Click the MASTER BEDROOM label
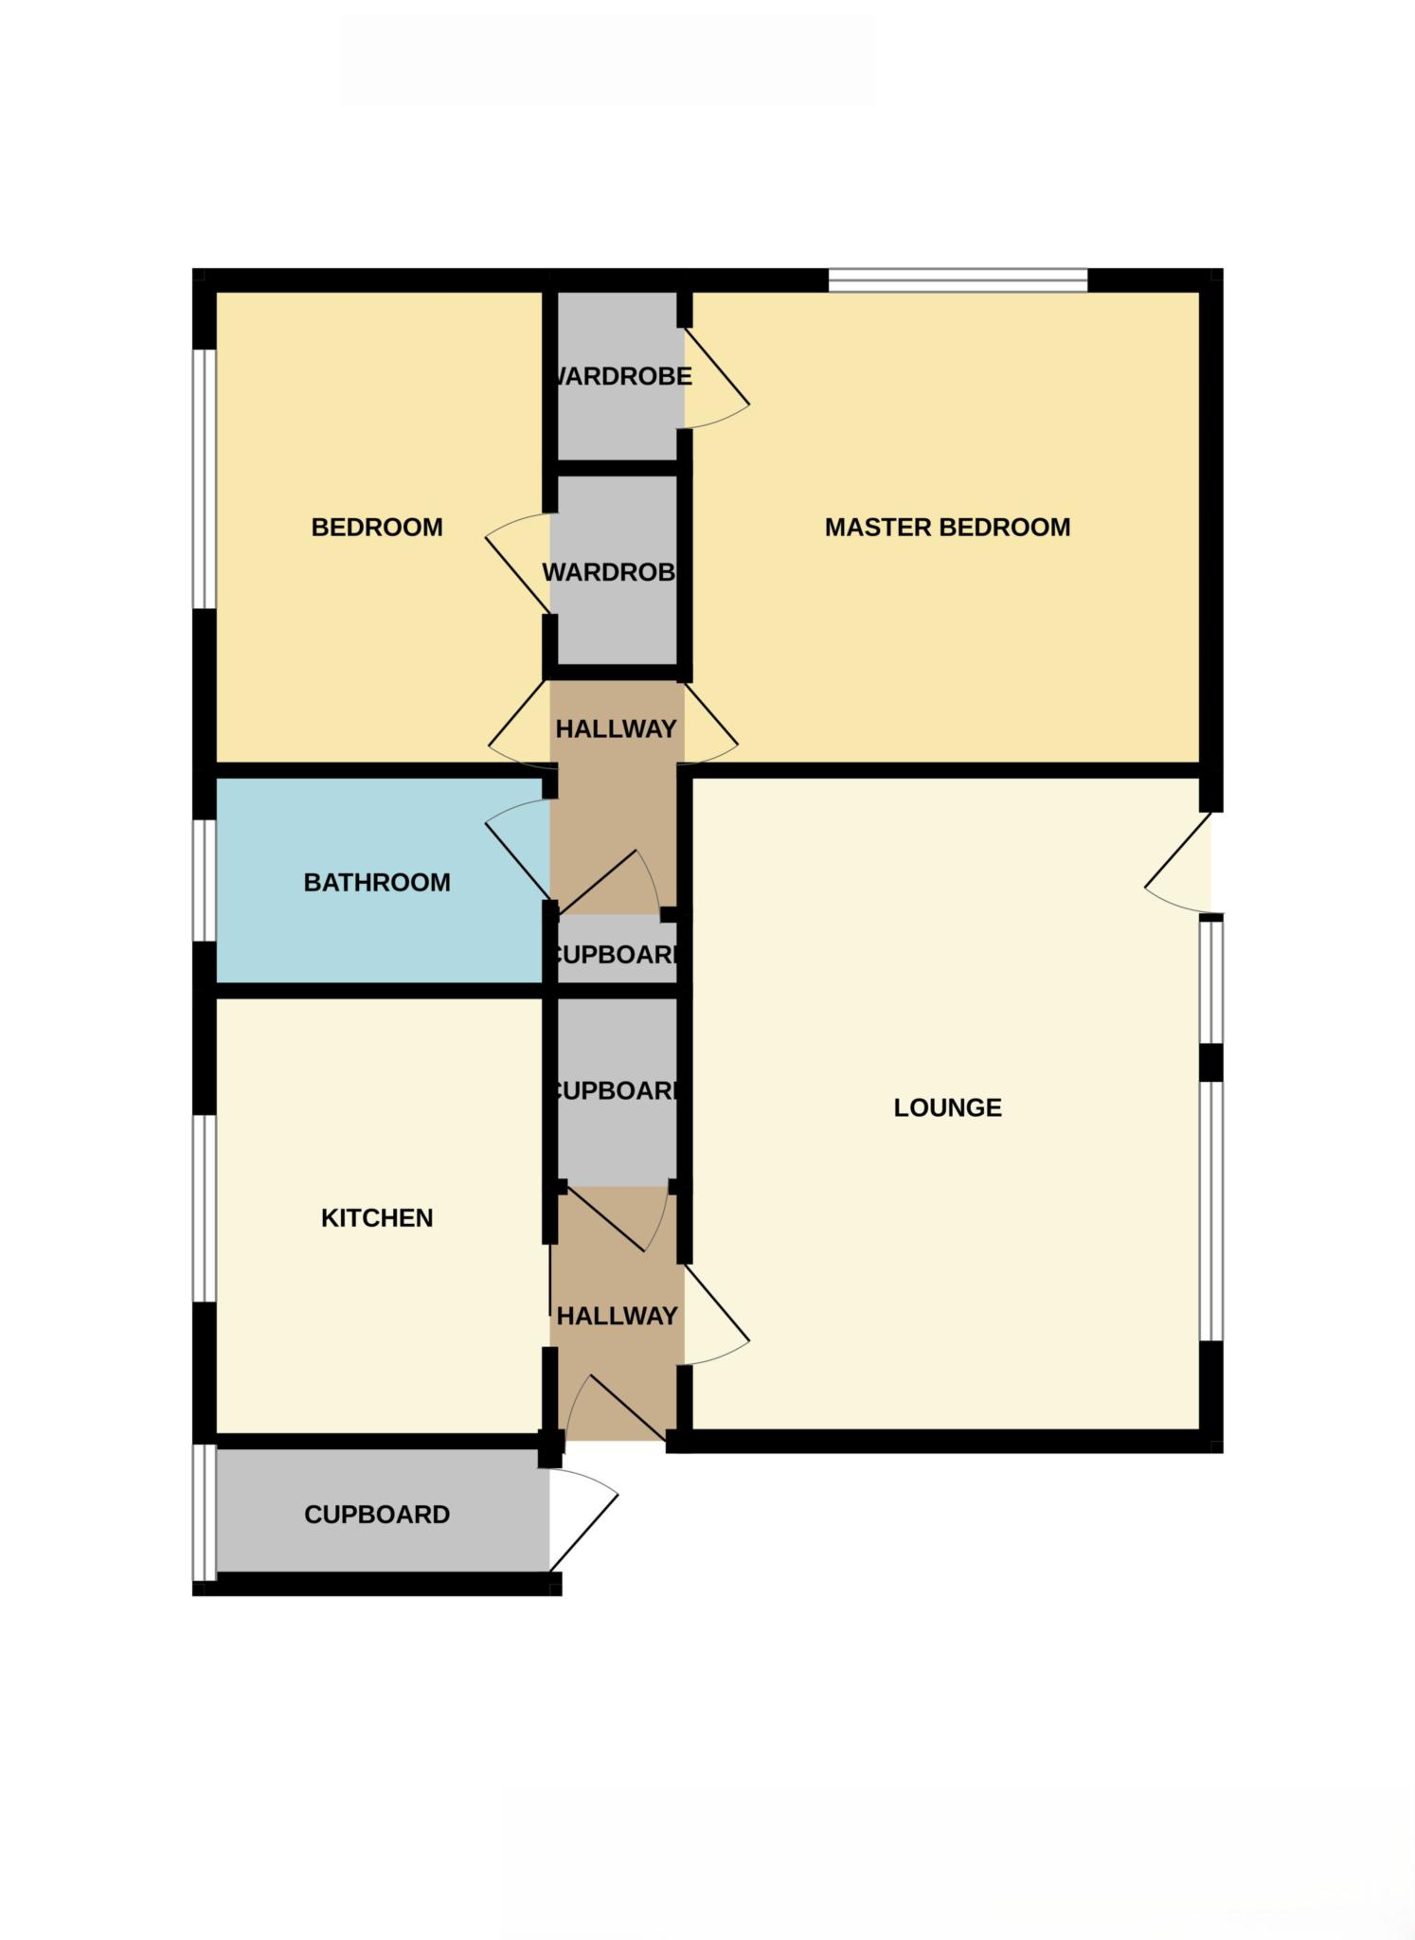(x=947, y=528)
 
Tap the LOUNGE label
(x=947, y=1107)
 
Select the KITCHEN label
(x=377, y=1217)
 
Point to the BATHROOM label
(x=377, y=883)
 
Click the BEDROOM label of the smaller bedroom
(x=377, y=528)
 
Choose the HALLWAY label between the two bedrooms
(x=616, y=729)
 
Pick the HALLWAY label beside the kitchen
(x=617, y=1316)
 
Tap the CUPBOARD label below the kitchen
(x=377, y=1515)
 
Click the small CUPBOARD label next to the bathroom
(x=616, y=955)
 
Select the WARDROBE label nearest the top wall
(x=620, y=377)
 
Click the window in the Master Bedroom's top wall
(x=958, y=280)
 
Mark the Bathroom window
(x=205, y=880)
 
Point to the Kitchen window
(x=205, y=1208)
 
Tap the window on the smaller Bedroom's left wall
(x=205, y=478)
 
